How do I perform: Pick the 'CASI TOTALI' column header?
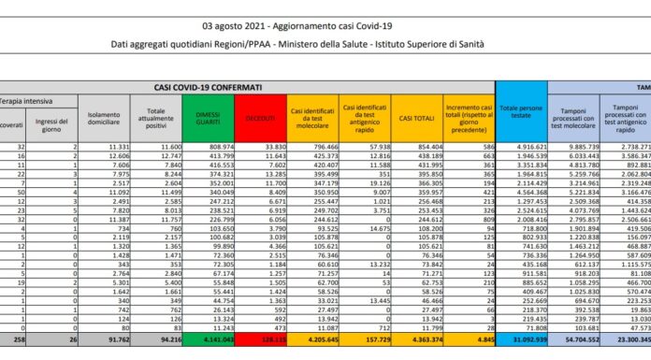pyautogui.click(x=418, y=119)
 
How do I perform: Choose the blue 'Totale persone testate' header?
pyautogui.click(x=520, y=119)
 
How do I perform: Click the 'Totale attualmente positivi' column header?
pyautogui.click(x=159, y=119)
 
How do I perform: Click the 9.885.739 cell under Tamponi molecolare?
pyautogui.click(x=583, y=147)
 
